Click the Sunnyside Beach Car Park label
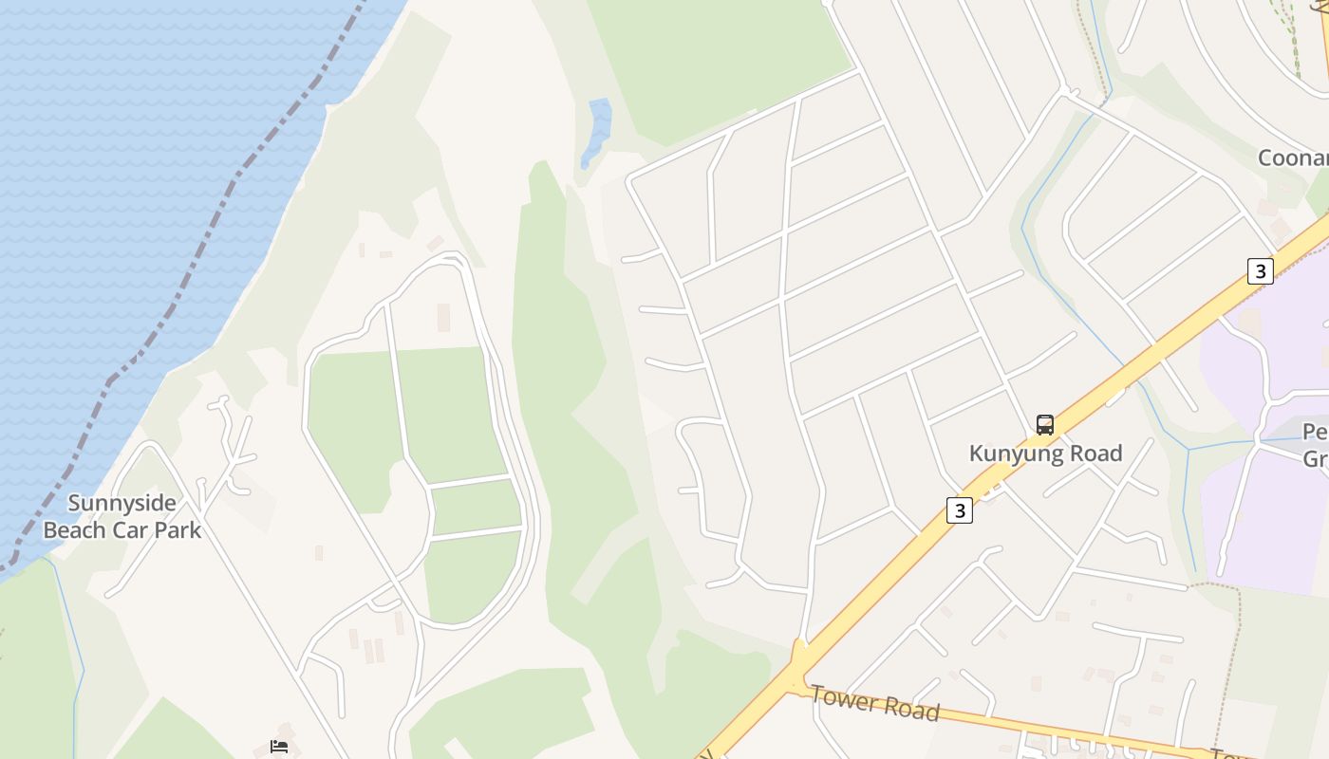click(122, 516)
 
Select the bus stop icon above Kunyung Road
click(1045, 425)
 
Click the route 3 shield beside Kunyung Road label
click(960, 510)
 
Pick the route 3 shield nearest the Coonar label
click(1260, 271)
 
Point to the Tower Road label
click(874, 705)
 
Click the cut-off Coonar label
click(1292, 157)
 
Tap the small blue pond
click(597, 131)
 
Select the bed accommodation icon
click(279, 747)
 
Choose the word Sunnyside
click(122, 503)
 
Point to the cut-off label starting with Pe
click(1316, 433)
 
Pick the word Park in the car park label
click(178, 530)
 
